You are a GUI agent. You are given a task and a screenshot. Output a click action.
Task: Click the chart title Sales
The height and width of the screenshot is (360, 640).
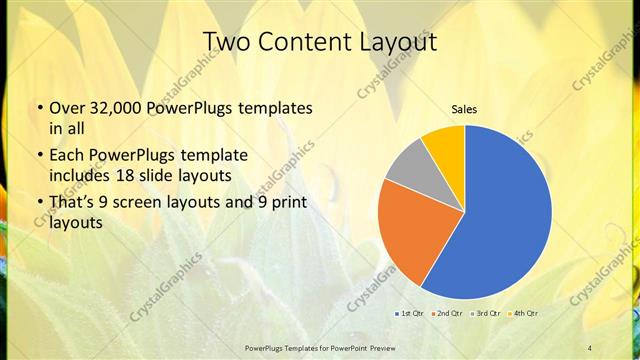(x=464, y=108)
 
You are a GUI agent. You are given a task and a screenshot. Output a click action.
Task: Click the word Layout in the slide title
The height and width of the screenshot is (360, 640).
(x=400, y=41)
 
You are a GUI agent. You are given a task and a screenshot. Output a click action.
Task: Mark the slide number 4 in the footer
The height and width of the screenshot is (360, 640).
(x=590, y=347)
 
